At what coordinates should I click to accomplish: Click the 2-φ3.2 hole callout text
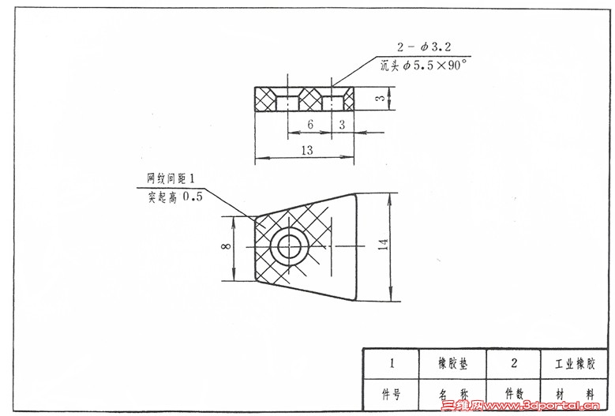(x=424, y=47)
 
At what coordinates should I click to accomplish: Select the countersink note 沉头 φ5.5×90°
(x=424, y=65)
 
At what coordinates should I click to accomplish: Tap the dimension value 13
(x=307, y=150)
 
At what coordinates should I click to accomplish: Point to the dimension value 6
(x=310, y=124)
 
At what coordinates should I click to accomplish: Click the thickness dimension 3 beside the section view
(x=381, y=97)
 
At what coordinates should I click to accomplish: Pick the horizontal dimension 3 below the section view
(x=342, y=125)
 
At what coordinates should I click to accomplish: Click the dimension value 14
(x=383, y=244)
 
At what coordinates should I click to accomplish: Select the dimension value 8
(x=227, y=246)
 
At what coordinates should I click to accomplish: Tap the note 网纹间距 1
(x=171, y=178)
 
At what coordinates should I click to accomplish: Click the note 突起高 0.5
(x=175, y=197)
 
